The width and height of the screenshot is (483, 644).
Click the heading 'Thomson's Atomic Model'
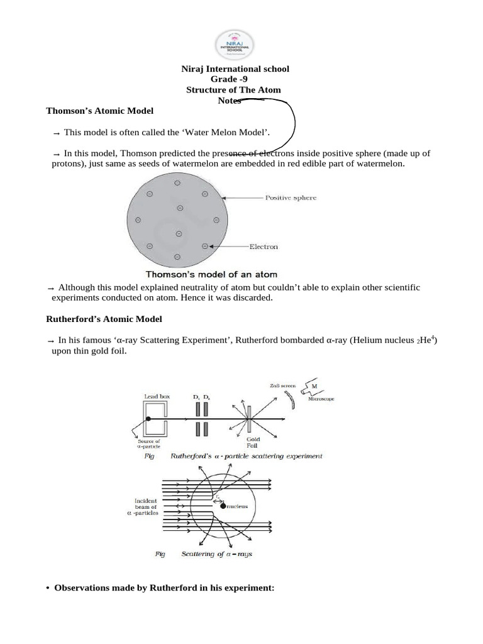coord(100,111)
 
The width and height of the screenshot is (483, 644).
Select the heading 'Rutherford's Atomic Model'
coord(104,319)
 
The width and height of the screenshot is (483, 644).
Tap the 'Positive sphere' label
coord(292,197)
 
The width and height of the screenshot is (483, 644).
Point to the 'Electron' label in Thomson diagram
coord(264,247)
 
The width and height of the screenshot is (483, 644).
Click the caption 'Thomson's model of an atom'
coord(211,274)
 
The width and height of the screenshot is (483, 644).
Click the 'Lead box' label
coord(155,397)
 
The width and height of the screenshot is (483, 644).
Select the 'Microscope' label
coord(322,399)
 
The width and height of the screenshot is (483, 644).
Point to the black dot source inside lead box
coord(148,419)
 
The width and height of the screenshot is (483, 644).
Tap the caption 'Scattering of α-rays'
coord(216,554)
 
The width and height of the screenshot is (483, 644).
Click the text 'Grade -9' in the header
coord(233,79)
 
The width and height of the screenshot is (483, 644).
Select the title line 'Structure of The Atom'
coord(233,90)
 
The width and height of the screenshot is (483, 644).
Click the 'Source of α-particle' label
coord(148,445)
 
